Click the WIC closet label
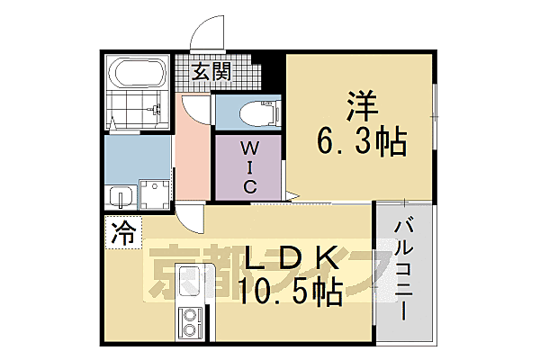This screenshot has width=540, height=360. [248, 166]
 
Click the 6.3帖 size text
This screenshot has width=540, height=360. [361, 141]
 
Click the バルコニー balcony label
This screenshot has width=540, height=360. [403, 269]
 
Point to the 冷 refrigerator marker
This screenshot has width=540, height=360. [122, 236]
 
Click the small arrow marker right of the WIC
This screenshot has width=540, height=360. [290, 194]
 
